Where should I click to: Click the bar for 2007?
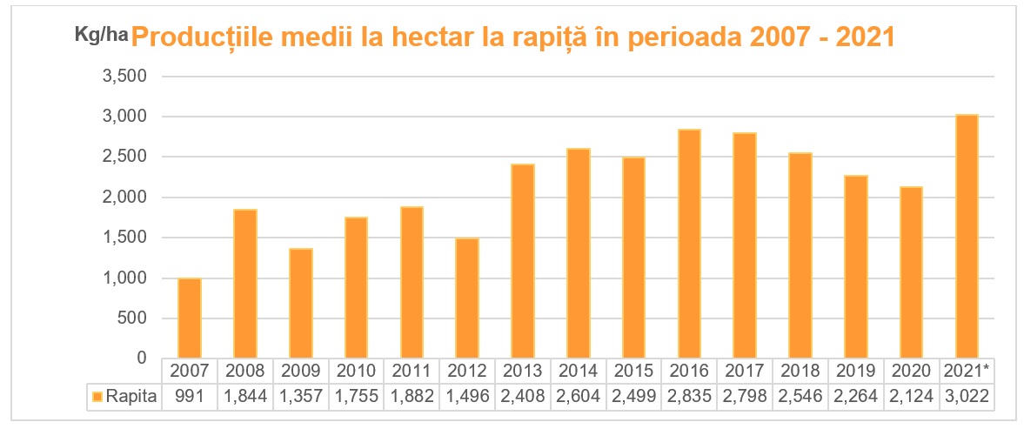190,318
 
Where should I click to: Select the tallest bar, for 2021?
966,237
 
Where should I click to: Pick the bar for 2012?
466,298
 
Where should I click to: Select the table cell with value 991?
190,398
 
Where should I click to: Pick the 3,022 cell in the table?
966,398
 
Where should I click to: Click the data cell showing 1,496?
466,398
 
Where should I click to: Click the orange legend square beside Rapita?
96,398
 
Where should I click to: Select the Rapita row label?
131,398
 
